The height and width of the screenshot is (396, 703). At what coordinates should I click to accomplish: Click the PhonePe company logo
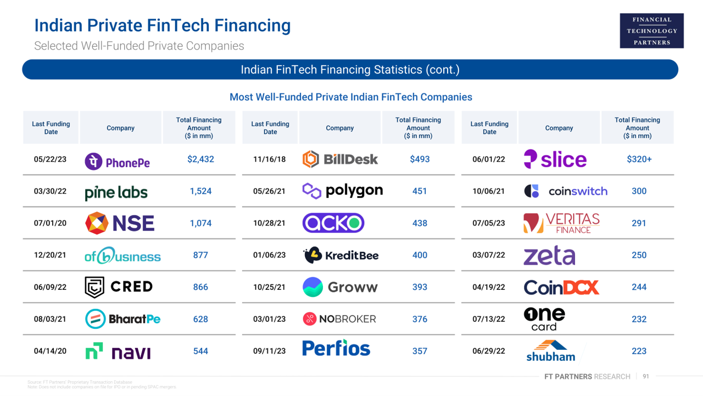click(117, 161)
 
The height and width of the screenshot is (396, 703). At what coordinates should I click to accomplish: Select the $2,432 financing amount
click(200, 159)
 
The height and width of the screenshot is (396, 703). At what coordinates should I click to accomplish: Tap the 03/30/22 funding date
click(50, 191)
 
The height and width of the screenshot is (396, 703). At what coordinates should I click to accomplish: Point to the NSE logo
click(120, 223)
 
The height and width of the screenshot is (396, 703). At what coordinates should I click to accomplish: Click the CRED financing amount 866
click(200, 287)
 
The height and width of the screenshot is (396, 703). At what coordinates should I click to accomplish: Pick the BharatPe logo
click(122, 319)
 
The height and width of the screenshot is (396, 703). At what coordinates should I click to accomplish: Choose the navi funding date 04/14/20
click(50, 351)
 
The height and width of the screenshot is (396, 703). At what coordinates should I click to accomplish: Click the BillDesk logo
click(340, 159)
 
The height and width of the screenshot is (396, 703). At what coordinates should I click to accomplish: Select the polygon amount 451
click(420, 191)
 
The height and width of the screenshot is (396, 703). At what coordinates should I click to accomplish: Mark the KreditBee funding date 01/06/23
click(270, 255)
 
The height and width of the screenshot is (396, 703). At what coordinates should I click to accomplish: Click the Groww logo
click(340, 287)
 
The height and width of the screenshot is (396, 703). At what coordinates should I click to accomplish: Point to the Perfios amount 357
click(420, 351)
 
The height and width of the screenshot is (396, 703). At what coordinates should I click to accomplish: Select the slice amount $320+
click(639, 159)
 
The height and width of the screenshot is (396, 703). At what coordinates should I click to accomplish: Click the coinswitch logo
click(566, 191)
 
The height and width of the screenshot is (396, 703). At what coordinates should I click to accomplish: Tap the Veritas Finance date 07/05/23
click(489, 223)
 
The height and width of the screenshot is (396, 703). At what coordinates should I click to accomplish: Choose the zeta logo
click(549, 256)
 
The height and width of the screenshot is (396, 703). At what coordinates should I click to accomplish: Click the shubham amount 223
click(639, 351)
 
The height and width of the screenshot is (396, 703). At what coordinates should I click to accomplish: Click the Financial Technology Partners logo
click(652, 31)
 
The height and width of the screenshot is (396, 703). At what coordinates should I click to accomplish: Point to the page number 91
click(646, 377)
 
